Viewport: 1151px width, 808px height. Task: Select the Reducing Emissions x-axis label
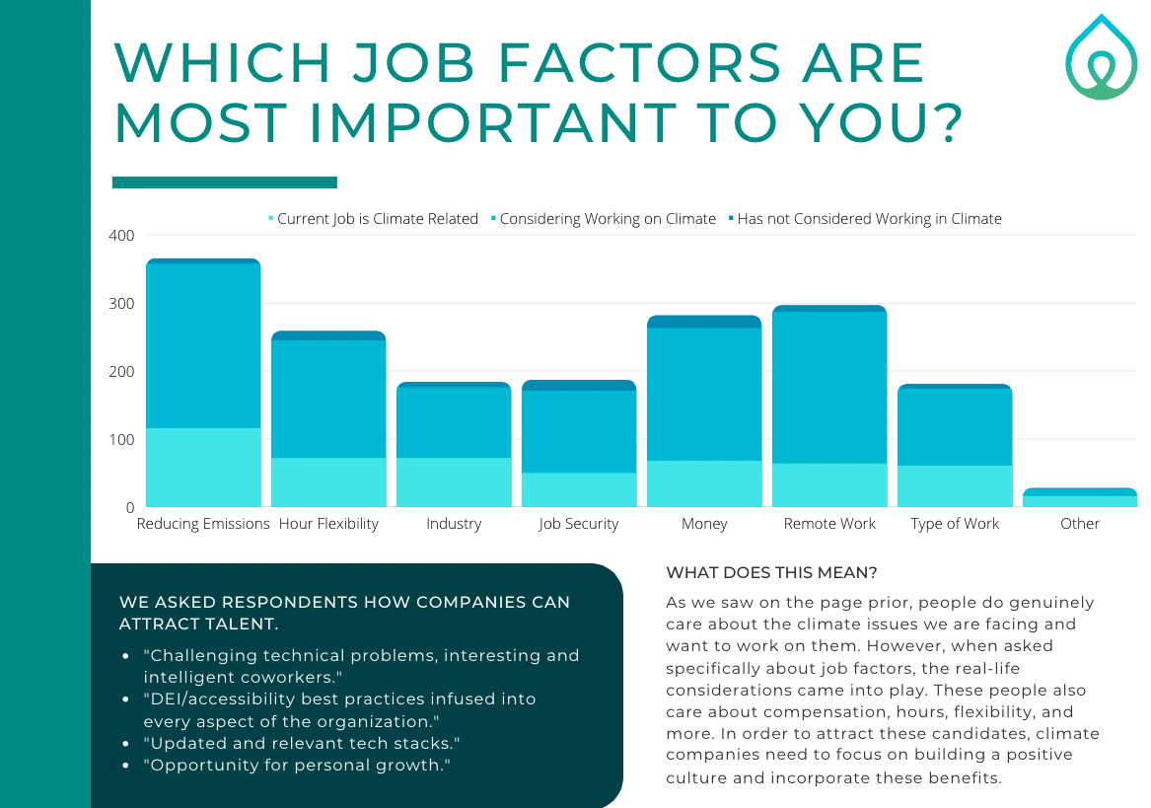click(203, 524)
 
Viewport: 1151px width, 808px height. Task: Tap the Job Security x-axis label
click(579, 524)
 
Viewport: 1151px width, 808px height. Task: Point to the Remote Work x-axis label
click(829, 524)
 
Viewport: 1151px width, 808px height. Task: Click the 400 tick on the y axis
click(122, 236)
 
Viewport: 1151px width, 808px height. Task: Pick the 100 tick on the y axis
click(122, 439)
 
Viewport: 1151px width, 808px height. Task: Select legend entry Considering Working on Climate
click(607, 219)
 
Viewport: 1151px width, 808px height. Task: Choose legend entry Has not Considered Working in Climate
click(868, 219)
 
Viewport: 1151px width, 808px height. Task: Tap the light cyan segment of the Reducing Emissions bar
click(203, 468)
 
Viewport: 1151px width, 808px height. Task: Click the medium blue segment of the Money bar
click(704, 395)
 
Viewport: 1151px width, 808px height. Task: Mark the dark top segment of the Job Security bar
click(579, 386)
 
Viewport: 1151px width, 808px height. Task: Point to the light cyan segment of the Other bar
click(1080, 501)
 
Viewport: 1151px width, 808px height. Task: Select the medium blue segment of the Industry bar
click(454, 422)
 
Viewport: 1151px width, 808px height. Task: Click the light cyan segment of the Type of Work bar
click(955, 486)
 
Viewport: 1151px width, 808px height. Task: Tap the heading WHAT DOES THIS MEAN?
click(771, 572)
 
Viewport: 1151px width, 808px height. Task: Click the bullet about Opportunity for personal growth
click(297, 765)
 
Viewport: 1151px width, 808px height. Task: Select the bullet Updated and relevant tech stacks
click(302, 742)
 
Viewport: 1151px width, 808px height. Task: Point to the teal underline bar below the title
click(225, 183)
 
